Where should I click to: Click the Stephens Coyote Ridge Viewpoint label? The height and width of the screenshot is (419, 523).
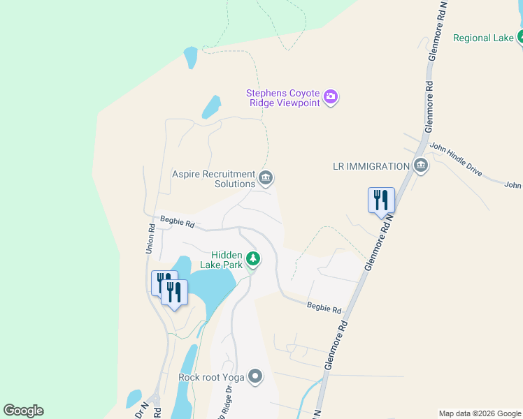[282, 98]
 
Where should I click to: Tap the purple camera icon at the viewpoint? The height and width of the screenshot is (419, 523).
[331, 98]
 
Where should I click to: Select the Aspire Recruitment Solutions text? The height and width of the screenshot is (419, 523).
[214, 179]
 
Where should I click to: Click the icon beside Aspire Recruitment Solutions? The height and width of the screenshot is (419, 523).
[266, 179]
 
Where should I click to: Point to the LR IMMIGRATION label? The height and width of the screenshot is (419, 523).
[371, 166]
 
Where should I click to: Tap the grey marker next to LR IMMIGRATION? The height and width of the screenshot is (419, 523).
[420, 166]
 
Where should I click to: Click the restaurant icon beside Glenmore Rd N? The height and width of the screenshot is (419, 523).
[381, 200]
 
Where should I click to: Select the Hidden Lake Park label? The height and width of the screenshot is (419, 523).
[227, 260]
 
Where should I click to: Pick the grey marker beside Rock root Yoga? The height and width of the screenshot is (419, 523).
[255, 377]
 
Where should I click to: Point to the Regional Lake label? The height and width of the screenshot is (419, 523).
[483, 38]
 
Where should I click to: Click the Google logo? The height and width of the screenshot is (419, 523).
[23, 411]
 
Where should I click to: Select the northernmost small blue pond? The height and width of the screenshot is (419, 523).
[190, 58]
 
